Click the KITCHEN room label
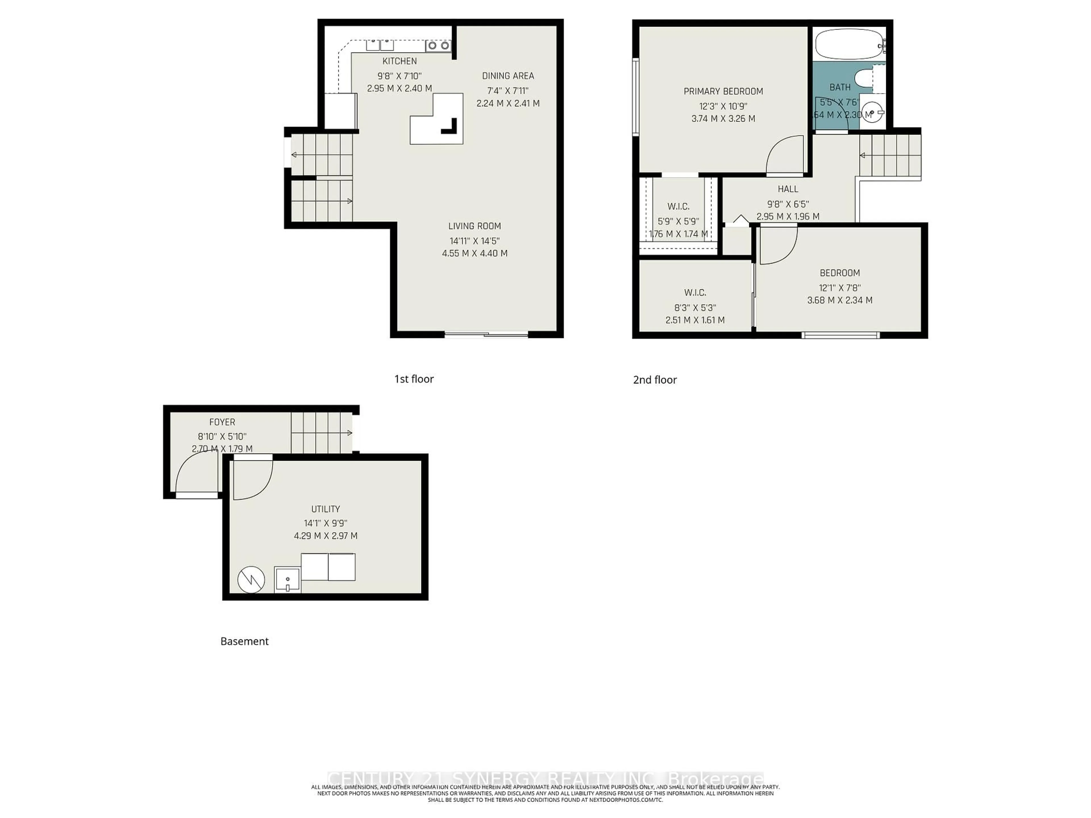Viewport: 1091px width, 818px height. pos(399,61)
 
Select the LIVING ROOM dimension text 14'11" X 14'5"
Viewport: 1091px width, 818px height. pos(474,241)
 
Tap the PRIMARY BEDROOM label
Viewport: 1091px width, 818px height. pos(723,91)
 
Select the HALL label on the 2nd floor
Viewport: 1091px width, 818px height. pos(788,189)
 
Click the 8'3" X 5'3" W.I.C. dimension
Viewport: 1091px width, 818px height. pos(695,308)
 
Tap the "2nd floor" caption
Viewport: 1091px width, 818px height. pos(655,380)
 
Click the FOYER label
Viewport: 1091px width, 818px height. pos(222,422)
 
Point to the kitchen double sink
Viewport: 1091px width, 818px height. pos(380,45)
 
